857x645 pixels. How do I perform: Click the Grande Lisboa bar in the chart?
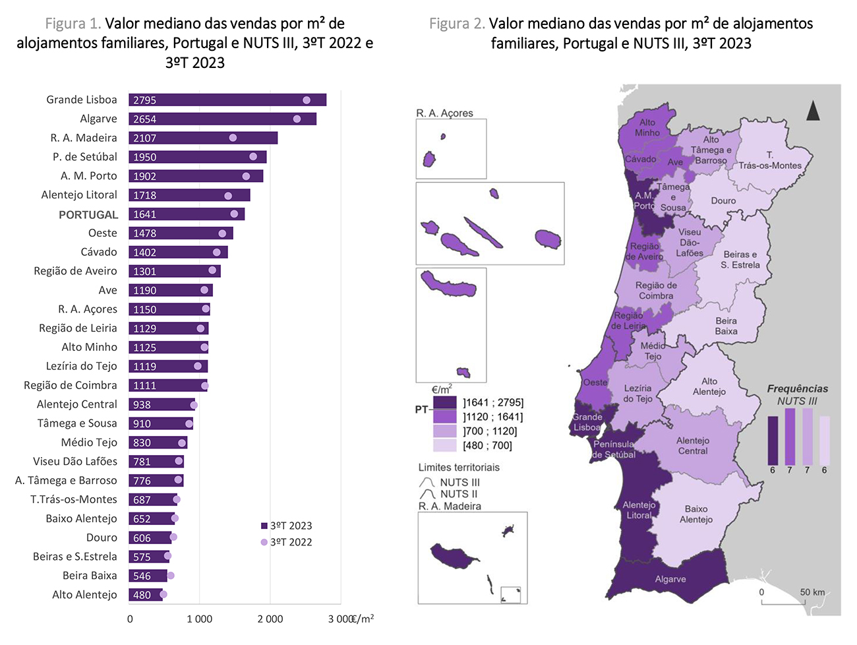[x=227, y=100]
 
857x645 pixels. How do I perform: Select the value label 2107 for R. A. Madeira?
[x=144, y=138]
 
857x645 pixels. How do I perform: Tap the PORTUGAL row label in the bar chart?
[x=88, y=215]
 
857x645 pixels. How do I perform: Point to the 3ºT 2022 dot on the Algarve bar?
[x=297, y=119]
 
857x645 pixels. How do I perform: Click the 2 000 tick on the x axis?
[x=270, y=619]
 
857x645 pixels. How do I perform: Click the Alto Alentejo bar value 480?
[x=142, y=595]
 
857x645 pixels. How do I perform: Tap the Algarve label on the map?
[x=670, y=579]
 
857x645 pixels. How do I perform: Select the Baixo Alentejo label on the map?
[x=696, y=514]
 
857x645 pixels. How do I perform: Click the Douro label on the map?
[x=723, y=200]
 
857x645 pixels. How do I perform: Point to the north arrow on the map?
[x=813, y=111]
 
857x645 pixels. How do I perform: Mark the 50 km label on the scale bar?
[x=812, y=592]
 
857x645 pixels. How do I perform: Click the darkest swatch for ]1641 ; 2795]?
[x=444, y=402]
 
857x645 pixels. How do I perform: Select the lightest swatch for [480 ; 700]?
[x=444, y=446]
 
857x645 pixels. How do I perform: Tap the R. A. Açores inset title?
[x=444, y=113]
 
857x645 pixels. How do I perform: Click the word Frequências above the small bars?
[x=797, y=389]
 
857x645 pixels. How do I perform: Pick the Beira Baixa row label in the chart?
[x=90, y=576]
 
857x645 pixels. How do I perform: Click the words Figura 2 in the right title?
[x=457, y=24]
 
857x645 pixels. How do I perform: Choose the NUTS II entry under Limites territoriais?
[x=459, y=494]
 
